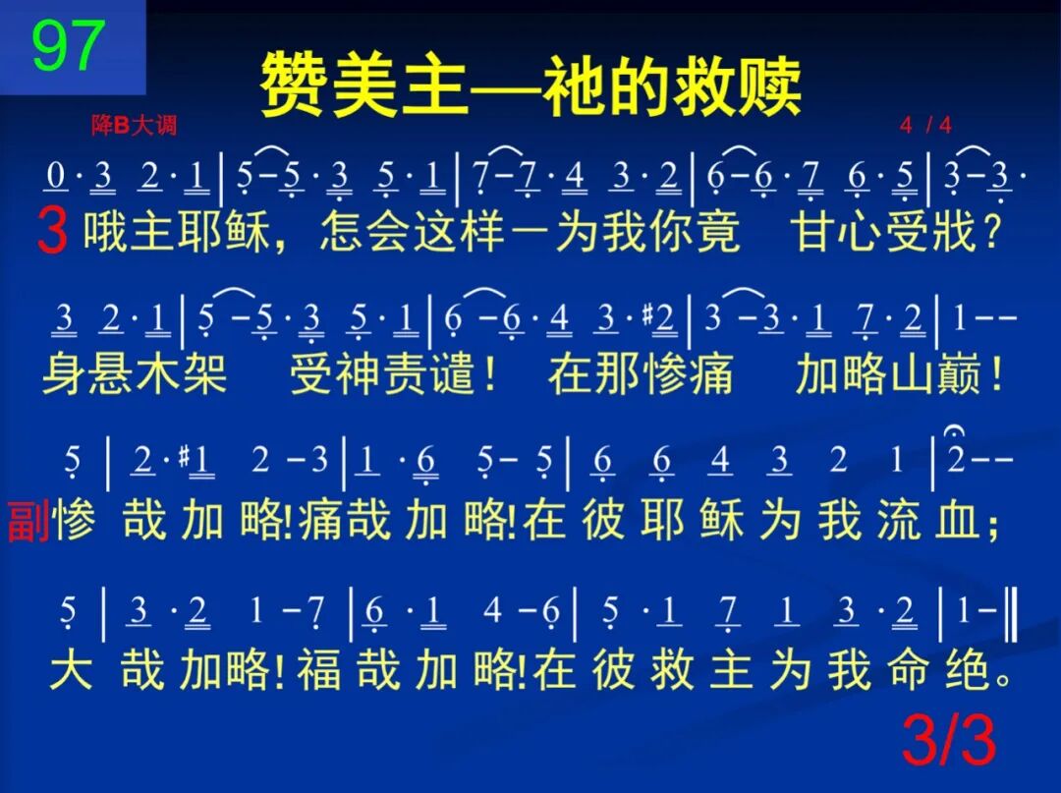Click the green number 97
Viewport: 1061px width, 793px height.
pos(69,45)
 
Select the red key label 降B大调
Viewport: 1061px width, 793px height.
pos(134,125)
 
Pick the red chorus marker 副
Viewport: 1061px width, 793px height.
pos(28,522)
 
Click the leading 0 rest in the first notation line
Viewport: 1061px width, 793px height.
pos(56,176)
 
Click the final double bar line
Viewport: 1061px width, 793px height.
pos(1011,611)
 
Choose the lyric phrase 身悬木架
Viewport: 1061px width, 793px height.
pos(136,374)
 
